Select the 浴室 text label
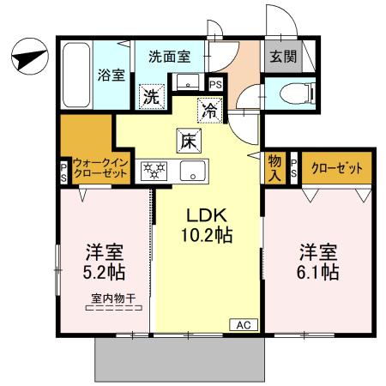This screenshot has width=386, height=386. (112, 75)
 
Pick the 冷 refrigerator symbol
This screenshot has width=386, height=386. (208, 109)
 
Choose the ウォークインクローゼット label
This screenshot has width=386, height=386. (100, 166)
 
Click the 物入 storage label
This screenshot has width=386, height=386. (274, 166)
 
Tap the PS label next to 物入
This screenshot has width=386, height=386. (293, 167)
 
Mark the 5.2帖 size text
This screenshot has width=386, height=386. (104, 273)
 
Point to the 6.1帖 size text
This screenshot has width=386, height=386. (317, 273)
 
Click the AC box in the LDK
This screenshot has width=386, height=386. (242, 324)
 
